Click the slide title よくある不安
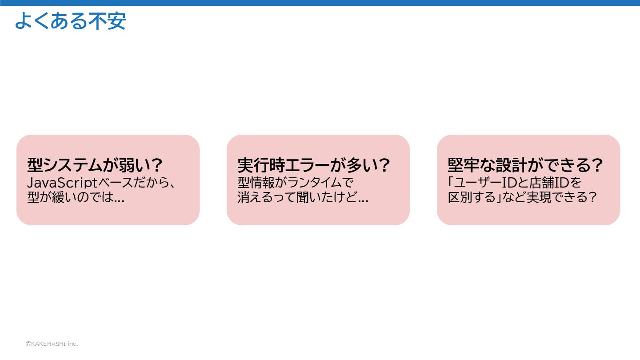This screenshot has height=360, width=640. tap(70, 21)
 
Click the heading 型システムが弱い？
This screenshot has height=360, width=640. tap(95, 166)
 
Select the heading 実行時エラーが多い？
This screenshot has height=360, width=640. tap(314, 166)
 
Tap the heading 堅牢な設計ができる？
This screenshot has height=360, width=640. tap(525, 166)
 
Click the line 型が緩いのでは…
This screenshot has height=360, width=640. tap(76, 197)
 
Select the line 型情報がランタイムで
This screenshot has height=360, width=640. tap(295, 183)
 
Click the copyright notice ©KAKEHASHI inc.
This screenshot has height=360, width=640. tap(52, 344)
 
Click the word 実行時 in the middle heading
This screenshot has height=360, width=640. tap(259, 166)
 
